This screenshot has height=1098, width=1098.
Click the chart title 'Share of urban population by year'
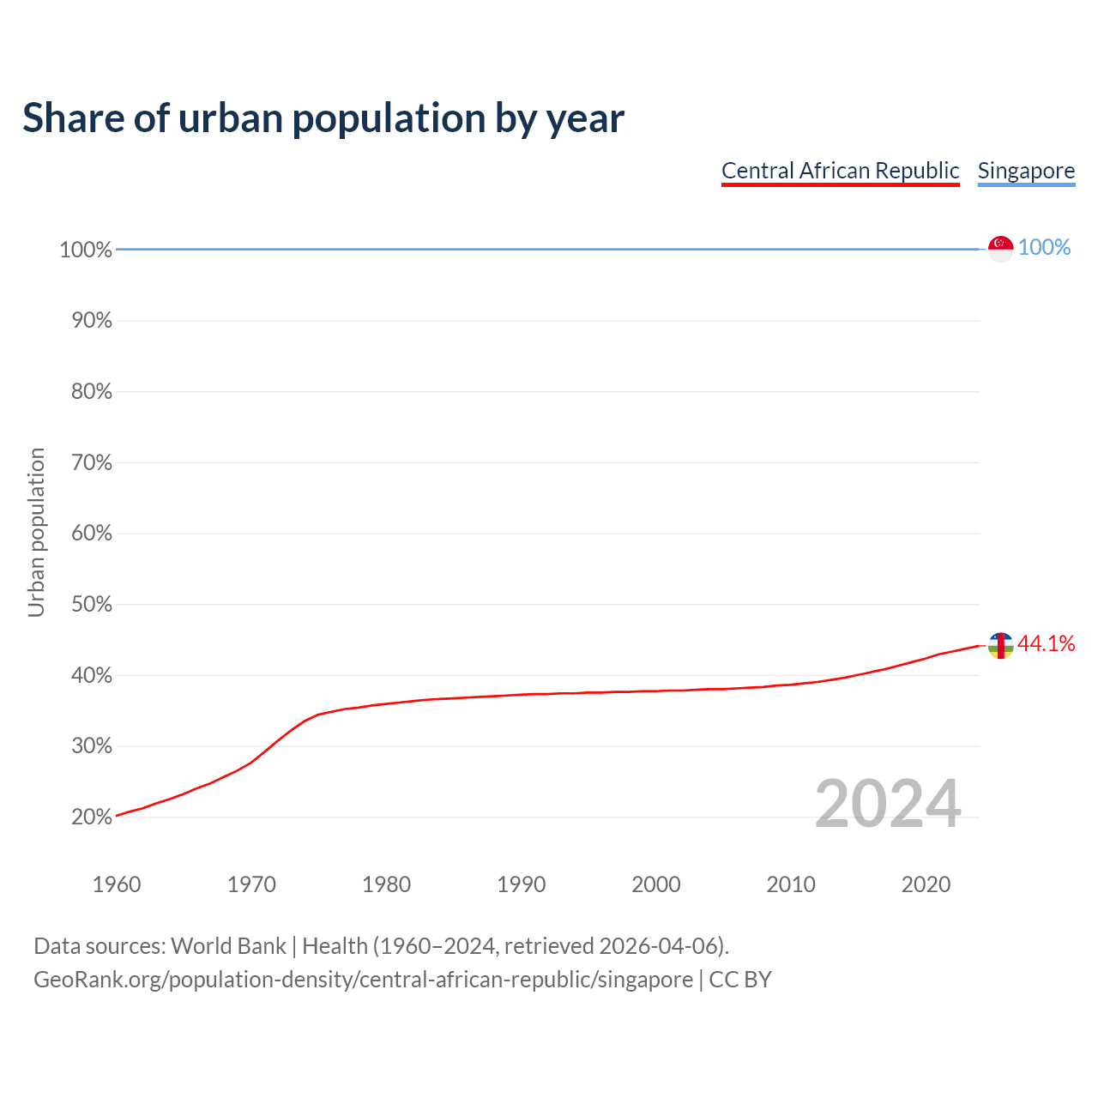pyautogui.click(x=323, y=118)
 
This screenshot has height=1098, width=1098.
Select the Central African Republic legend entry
pyautogui.click(x=840, y=171)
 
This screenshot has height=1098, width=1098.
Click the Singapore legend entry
pyautogui.click(x=1026, y=171)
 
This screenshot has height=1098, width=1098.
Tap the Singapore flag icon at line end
pyautogui.click(x=1000, y=248)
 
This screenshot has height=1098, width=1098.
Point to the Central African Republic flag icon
pyautogui.click(x=1000, y=645)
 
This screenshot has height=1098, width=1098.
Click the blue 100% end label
pyautogui.click(x=1044, y=248)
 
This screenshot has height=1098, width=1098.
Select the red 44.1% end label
pyautogui.click(x=1046, y=644)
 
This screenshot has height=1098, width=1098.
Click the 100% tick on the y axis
pyautogui.click(x=86, y=250)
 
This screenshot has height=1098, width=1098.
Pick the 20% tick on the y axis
pyautogui.click(x=91, y=817)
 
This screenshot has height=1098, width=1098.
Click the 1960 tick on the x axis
pyautogui.click(x=117, y=884)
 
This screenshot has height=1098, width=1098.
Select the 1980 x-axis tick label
pyautogui.click(x=386, y=884)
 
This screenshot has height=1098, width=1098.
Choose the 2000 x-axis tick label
pyautogui.click(x=655, y=884)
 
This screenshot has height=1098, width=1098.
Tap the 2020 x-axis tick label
pyautogui.click(x=926, y=884)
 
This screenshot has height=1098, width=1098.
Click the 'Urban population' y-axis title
pyautogui.click(x=36, y=533)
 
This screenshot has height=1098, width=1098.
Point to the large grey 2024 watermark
pyautogui.click(x=887, y=805)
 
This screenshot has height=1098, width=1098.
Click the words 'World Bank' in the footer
pyautogui.click(x=228, y=946)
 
